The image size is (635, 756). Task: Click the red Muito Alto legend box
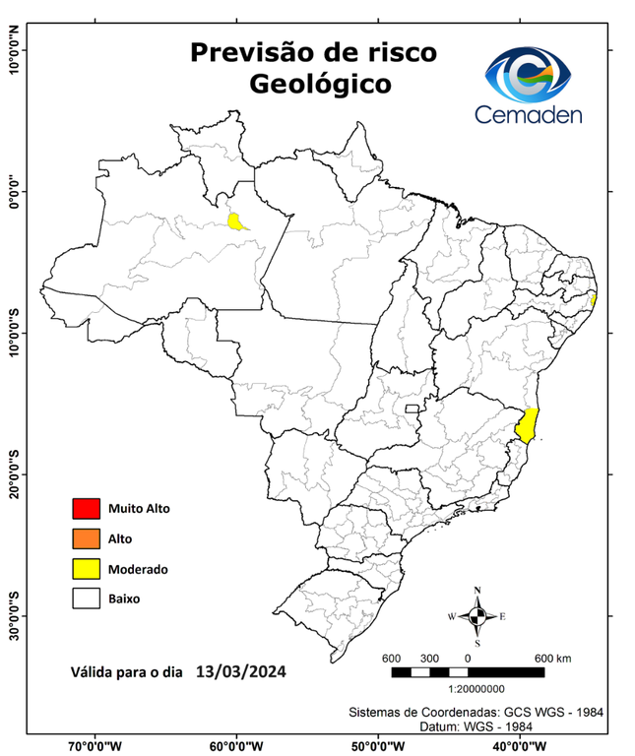[86, 509]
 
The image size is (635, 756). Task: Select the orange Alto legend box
[86, 538]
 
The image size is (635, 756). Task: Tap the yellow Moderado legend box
[86, 568]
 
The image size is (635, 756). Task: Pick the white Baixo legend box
[86, 598]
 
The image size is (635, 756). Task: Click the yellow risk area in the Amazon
[237, 221]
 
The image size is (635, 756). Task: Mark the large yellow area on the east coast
[528, 425]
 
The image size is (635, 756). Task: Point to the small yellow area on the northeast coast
[594, 298]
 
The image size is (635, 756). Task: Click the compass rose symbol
[477, 616]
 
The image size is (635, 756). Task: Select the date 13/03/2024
[241, 672]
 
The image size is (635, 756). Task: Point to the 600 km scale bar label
[551, 658]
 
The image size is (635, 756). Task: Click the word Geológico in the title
[320, 84]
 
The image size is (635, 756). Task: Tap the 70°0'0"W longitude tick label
[95, 745]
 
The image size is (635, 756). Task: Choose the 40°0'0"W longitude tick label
[519, 745]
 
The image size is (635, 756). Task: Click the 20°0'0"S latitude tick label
[13, 474]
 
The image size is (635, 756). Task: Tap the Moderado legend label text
[138, 569]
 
